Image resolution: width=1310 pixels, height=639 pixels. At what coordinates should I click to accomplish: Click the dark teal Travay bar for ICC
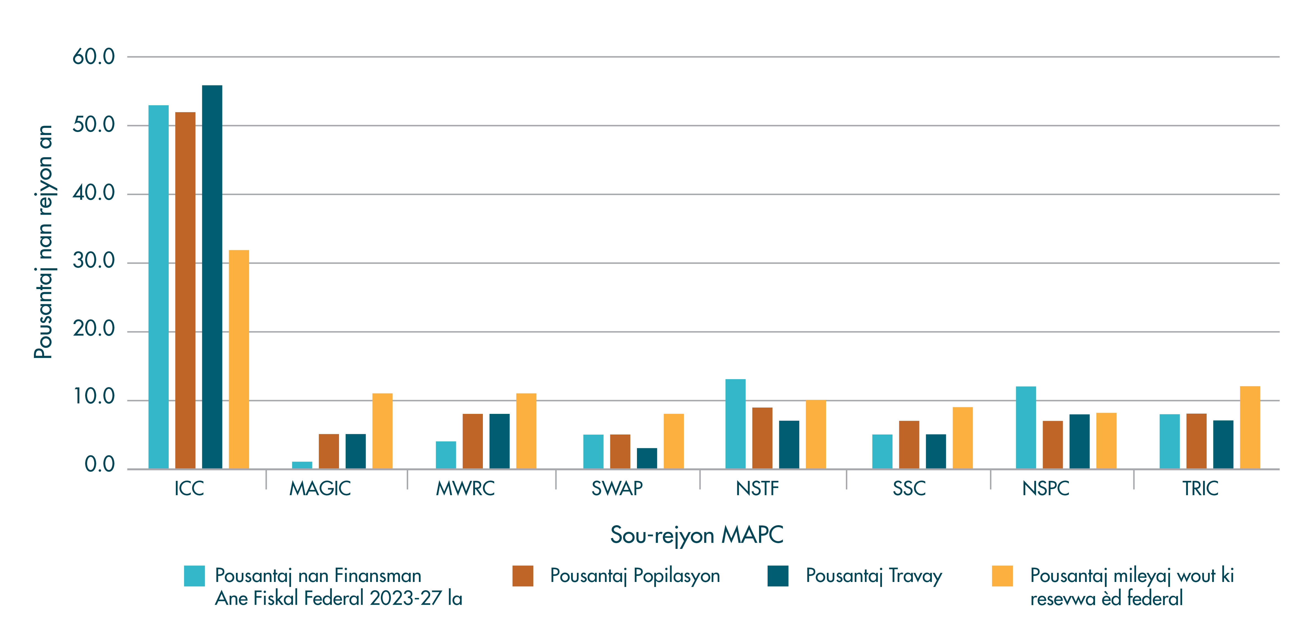pos(212,277)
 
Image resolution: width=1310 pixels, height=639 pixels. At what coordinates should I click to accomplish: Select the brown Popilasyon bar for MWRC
pos(472,441)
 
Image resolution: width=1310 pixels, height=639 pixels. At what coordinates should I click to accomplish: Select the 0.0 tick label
pos(100,465)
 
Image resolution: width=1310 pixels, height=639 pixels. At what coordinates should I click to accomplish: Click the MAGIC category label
pos(320,489)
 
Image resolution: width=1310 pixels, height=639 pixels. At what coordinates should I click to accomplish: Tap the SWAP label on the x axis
pos(617,489)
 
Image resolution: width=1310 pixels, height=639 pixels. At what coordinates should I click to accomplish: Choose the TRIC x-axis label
pos(1200,489)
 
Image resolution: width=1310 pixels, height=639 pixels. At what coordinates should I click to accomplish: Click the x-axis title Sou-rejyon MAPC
pos(697,535)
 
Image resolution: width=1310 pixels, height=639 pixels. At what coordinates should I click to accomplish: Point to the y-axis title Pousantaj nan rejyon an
pos(44,241)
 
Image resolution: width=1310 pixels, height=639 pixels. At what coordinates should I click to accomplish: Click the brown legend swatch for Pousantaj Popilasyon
pos(523,576)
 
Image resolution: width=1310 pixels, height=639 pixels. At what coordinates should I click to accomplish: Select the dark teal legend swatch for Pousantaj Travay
pos(778,576)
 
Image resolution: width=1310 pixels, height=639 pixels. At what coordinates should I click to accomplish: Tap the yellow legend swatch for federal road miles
pos(1002,576)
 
